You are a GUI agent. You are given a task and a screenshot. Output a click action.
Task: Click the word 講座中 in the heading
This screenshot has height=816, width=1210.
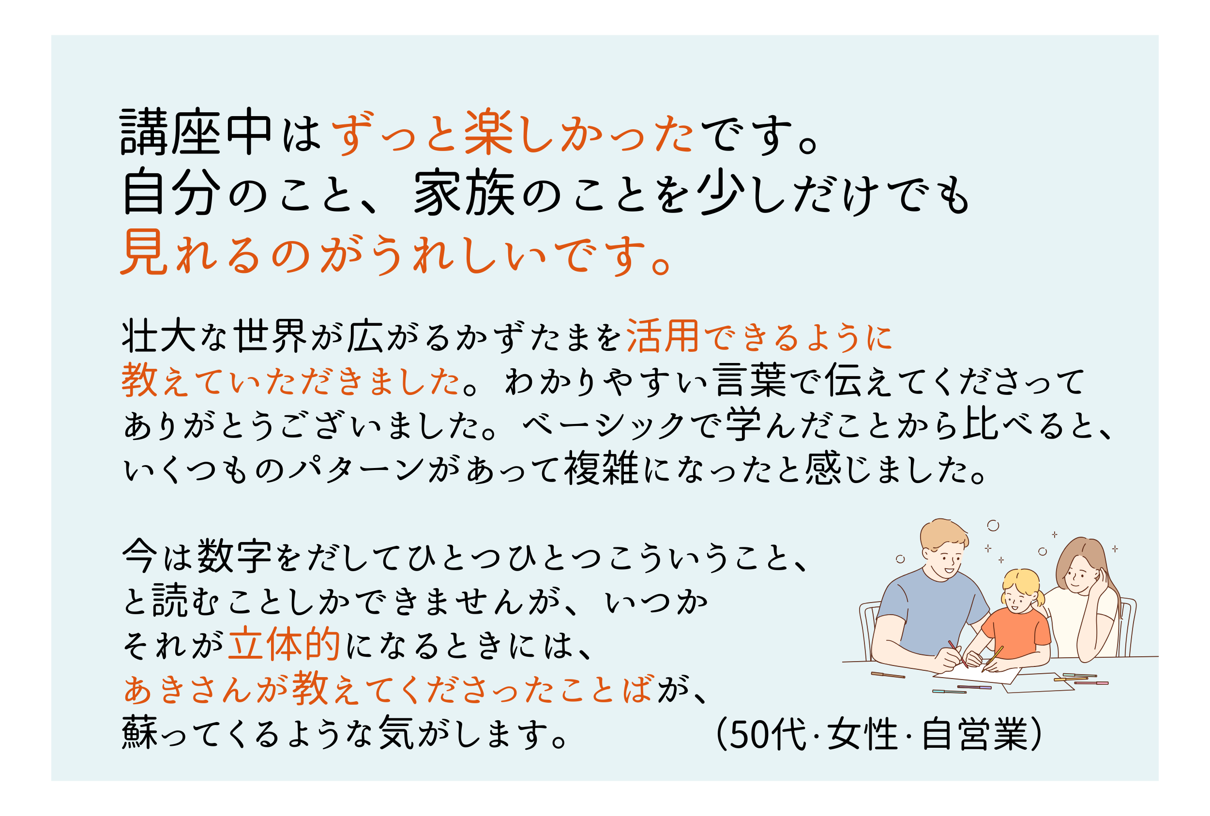click(195, 132)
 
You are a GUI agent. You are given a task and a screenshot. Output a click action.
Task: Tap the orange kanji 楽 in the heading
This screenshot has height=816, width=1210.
click(488, 132)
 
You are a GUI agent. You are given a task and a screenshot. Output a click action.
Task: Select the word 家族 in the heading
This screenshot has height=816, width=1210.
click(464, 192)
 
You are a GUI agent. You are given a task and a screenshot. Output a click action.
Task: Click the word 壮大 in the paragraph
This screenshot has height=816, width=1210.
click(159, 336)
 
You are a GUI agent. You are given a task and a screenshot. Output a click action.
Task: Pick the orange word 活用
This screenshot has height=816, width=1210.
click(663, 336)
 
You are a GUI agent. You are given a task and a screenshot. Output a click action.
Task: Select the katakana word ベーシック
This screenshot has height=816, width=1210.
click(603, 425)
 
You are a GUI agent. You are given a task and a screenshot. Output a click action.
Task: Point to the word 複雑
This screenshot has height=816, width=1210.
click(601, 468)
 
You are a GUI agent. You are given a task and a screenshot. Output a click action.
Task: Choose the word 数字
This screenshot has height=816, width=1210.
click(234, 556)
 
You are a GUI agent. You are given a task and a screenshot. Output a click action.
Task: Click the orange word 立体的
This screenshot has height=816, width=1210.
click(284, 645)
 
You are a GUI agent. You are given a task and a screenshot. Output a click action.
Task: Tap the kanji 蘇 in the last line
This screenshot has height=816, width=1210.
click(140, 733)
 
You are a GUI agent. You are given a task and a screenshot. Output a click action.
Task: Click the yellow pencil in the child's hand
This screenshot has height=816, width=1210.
click(993, 659)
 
